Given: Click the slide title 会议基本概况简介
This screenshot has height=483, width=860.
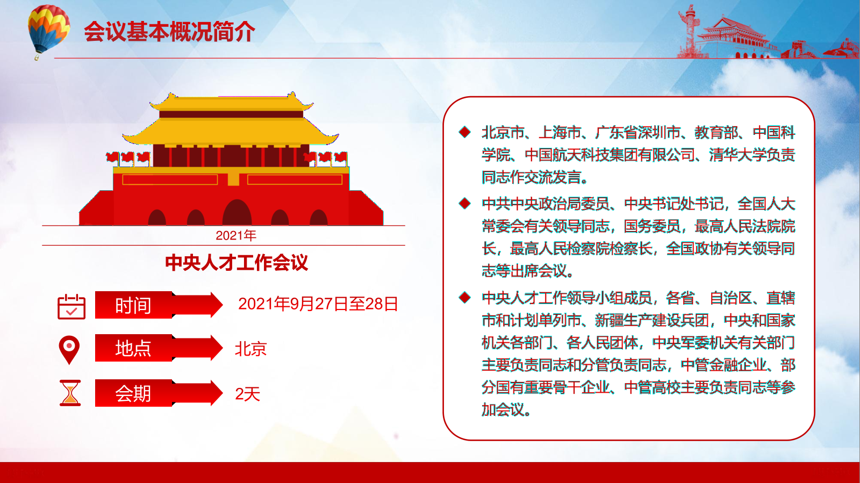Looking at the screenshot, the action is (169, 32).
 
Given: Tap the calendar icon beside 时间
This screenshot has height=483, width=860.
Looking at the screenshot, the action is (71, 307).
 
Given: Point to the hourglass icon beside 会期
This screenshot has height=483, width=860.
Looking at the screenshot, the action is (70, 393).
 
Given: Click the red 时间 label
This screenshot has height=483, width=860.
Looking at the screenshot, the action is (133, 305).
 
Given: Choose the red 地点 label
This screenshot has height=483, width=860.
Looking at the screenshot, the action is (133, 348).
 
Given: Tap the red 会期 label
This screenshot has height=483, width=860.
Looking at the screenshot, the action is (133, 393).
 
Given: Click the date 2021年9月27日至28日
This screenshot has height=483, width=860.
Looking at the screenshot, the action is (318, 304).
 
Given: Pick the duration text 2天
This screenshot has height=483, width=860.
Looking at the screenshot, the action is (248, 394).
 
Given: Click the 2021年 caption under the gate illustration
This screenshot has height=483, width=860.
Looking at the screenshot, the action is (236, 235).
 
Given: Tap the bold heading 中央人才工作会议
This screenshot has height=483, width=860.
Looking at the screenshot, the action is (236, 263).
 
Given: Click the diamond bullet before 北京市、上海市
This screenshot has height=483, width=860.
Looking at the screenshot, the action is (464, 132).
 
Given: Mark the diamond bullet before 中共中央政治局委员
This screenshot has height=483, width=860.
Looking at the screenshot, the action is (464, 203).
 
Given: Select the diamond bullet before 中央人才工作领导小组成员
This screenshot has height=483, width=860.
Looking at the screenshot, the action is (464, 297).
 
